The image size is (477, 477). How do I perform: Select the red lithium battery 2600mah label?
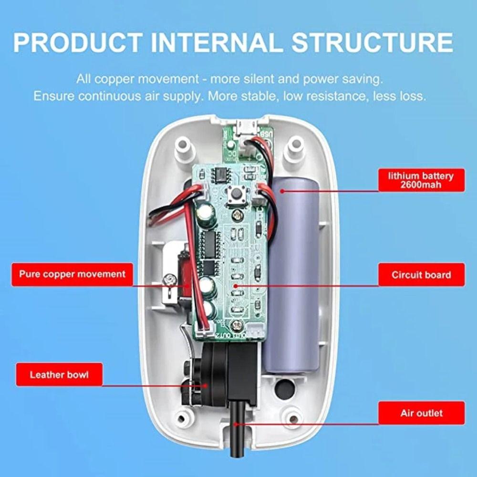click(x=421, y=180)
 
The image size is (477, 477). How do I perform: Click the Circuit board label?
click(x=421, y=275)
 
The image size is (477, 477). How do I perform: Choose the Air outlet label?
click(x=421, y=413)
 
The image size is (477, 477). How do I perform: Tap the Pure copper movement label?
click(x=72, y=274)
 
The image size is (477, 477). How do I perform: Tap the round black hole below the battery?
click(x=285, y=389)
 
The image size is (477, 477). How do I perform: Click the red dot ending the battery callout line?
click(x=282, y=191)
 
